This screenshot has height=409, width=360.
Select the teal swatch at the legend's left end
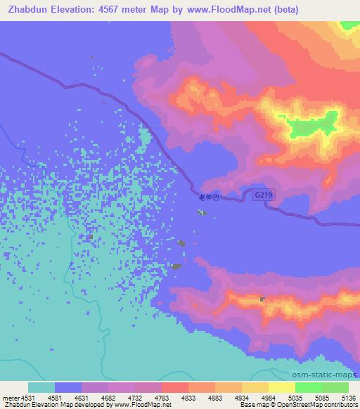click(x=41, y=387)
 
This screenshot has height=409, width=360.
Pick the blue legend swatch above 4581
click(x=67, y=387)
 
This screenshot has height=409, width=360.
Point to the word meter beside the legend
click(x=10, y=398)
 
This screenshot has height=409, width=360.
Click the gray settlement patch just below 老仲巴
click(x=202, y=212)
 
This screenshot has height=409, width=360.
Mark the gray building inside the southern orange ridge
click(x=264, y=299)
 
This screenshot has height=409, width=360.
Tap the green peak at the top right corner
click(x=348, y=26)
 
